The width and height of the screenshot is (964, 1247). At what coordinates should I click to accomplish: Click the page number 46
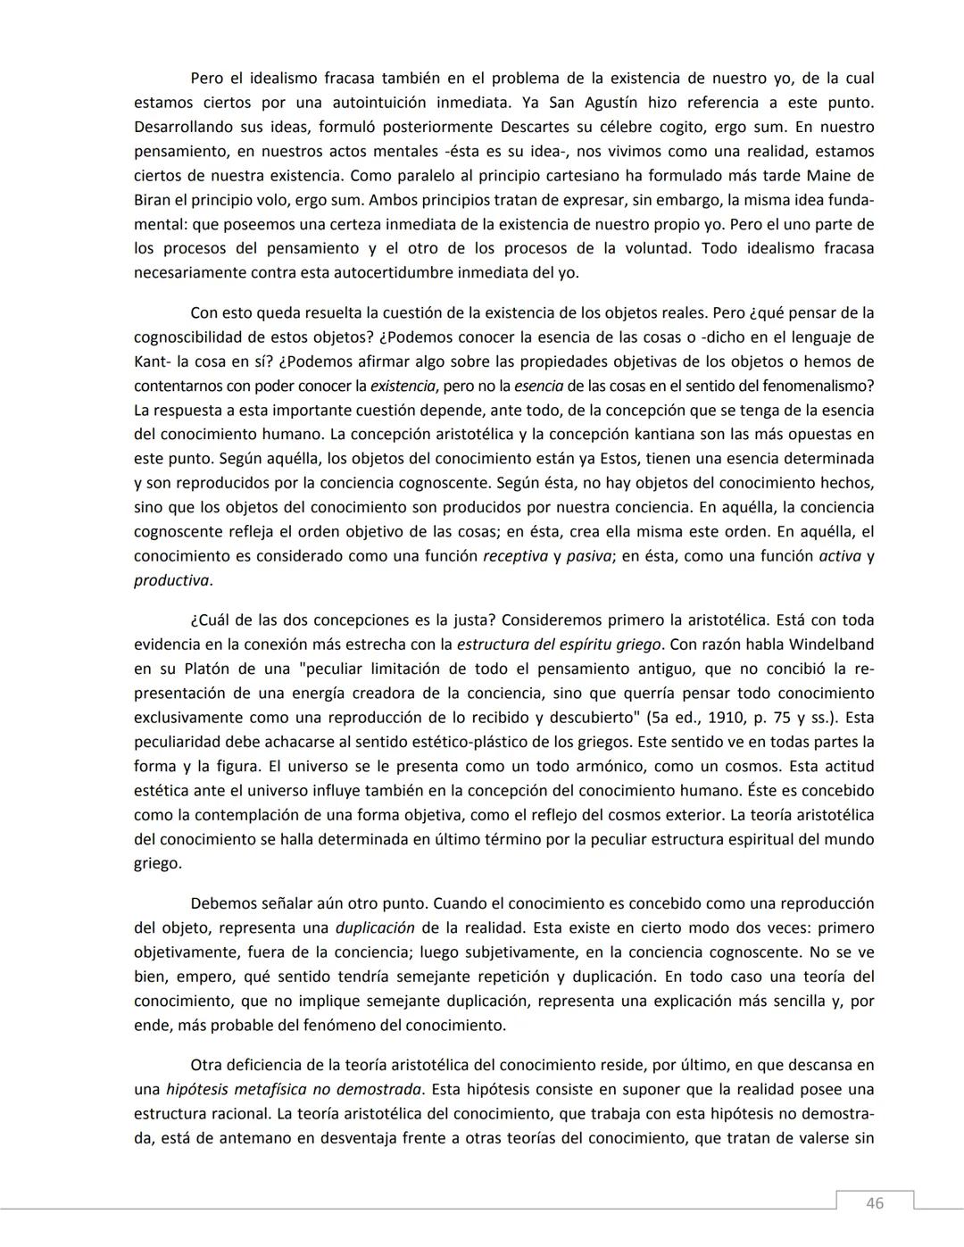[875, 1203]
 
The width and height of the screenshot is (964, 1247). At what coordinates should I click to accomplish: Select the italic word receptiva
[515, 556]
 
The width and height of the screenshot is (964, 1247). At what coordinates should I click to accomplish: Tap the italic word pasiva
[587, 556]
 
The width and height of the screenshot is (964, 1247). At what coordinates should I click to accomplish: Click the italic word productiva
[171, 580]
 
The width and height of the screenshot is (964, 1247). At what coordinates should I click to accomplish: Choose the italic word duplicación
[375, 928]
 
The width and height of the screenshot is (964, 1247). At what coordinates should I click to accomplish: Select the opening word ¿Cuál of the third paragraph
[211, 620]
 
